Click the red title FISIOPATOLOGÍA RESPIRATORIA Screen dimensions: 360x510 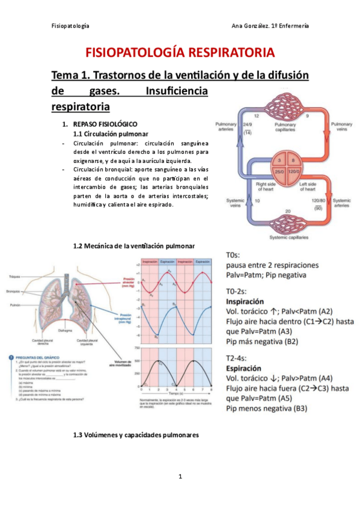(180, 53)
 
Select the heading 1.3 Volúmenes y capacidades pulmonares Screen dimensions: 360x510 (135, 434)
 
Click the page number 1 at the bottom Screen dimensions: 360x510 (180, 476)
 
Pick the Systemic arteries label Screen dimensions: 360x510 (341, 203)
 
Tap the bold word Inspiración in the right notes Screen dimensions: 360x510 (245, 301)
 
